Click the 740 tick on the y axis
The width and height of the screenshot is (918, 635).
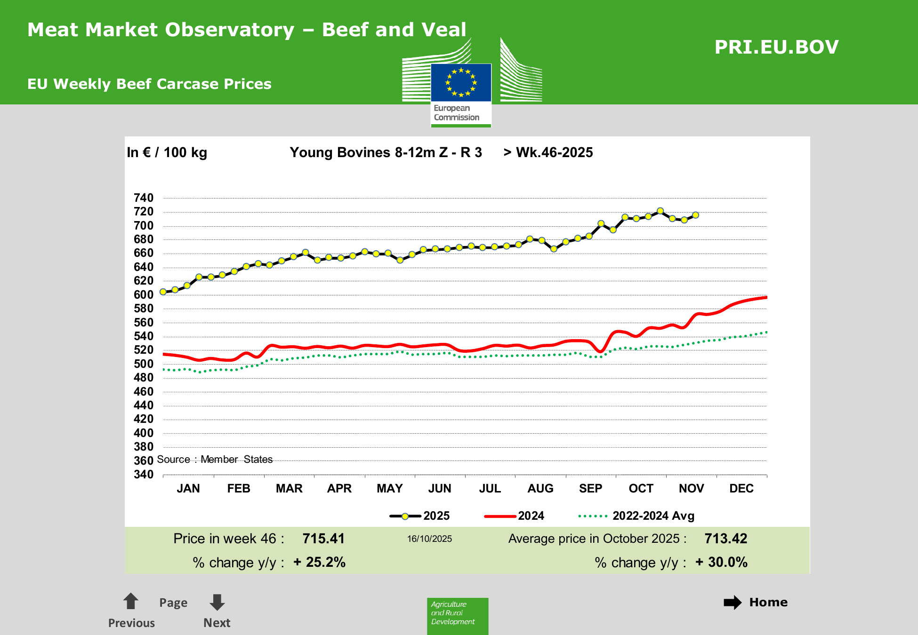(144, 198)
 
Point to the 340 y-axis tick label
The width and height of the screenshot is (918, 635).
(144, 475)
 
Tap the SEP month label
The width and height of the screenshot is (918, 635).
(590, 489)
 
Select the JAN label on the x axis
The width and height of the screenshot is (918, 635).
(188, 489)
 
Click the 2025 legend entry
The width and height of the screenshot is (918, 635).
(419, 516)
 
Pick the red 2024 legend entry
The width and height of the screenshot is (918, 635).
(514, 516)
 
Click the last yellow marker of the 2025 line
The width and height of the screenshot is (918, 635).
(695, 215)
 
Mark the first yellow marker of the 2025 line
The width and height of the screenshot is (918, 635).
(163, 292)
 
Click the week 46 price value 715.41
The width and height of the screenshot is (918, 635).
(323, 539)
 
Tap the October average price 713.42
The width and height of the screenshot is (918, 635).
(725, 539)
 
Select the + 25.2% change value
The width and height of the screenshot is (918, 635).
(320, 562)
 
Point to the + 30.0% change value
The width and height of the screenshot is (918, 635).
(721, 562)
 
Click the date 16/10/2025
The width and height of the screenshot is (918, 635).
(429, 539)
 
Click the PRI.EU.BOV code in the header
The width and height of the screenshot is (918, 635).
(776, 47)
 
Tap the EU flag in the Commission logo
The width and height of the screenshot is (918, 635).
(461, 83)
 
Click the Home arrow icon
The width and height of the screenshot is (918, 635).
(733, 603)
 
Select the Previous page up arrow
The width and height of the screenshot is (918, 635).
(130, 601)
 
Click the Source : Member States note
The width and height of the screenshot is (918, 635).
(215, 460)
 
